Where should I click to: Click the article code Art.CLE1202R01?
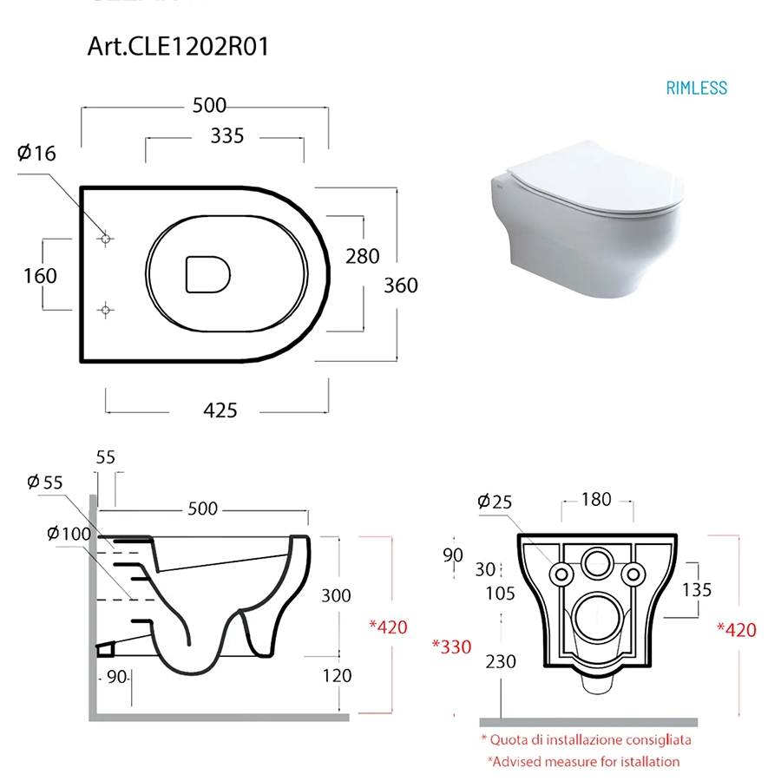(178, 46)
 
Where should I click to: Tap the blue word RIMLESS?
(696, 89)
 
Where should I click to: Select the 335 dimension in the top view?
(227, 136)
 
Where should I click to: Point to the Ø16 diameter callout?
(36, 153)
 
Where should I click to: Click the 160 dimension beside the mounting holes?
(40, 276)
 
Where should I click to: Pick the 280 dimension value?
(363, 257)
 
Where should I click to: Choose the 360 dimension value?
(400, 285)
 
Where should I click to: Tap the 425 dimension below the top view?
(220, 410)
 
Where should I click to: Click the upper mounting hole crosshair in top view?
(105, 240)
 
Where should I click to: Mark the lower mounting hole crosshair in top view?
(105, 311)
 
